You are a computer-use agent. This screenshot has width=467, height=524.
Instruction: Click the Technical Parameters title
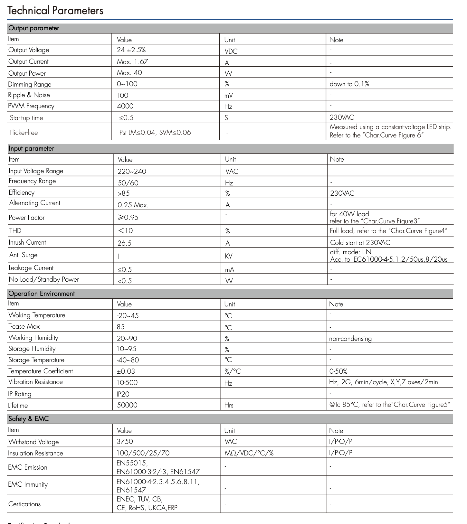(x=55, y=11)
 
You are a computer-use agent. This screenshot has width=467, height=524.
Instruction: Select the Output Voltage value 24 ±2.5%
(x=131, y=50)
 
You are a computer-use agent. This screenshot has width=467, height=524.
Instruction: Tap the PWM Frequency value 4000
(x=125, y=106)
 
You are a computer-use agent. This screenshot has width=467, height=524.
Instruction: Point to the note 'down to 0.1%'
(x=349, y=84)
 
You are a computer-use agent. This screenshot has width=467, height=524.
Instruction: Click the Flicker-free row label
(x=24, y=133)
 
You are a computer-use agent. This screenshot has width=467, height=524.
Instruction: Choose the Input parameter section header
(x=31, y=148)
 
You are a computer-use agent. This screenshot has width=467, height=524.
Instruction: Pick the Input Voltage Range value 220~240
(x=132, y=171)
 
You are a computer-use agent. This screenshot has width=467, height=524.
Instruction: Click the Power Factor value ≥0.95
(x=128, y=217)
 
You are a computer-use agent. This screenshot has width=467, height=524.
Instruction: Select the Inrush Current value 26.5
(x=124, y=243)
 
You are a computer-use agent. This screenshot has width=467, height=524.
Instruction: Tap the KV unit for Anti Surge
(x=229, y=256)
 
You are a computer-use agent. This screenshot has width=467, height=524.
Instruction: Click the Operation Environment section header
(x=42, y=294)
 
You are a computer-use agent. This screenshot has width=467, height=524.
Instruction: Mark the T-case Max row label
(x=24, y=326)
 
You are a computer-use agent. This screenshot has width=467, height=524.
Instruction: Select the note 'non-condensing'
(x=350, y=339)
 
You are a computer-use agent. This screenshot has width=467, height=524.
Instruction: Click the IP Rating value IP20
(x=123, y=394)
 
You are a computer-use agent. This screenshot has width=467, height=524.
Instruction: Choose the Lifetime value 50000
(x=127, y=405)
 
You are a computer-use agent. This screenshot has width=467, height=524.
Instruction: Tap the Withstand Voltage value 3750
(x=125, y=442)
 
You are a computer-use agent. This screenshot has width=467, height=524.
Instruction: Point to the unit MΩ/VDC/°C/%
(x=249, y=453)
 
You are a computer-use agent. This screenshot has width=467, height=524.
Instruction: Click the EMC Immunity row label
(x=28, y=485)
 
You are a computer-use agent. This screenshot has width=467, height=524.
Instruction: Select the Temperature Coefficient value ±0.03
(x=126, y=371)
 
